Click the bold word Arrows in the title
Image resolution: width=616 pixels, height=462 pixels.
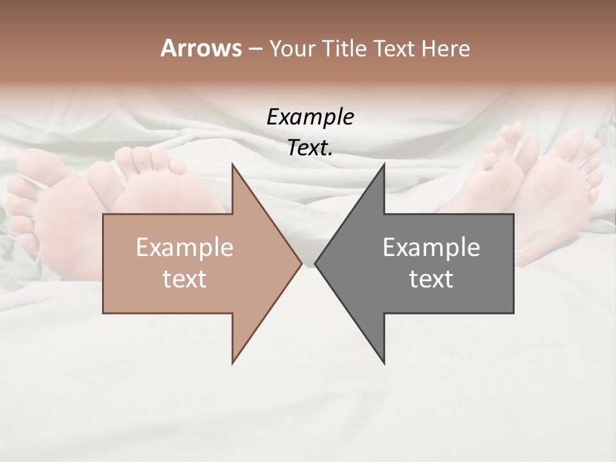pos(201,48)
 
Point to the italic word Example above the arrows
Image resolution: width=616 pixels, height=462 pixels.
pos(311,117)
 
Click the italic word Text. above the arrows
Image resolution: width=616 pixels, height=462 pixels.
pos(311,148)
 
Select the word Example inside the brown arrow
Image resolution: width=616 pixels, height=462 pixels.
pos(185,248)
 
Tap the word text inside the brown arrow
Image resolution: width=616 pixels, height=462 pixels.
pos(185,279)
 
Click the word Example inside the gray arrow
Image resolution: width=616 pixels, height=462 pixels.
pos(431,248)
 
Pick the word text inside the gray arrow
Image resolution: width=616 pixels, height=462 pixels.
pos(431,279)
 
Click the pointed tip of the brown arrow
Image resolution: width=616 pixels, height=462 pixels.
pos(301,263)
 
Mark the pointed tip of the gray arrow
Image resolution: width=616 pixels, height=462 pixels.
pos(316,263)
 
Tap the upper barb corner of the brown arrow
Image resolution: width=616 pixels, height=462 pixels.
pos(232,164)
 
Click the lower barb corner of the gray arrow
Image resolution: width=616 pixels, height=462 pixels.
pos(384,363)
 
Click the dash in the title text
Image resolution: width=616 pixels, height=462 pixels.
pos(255,49)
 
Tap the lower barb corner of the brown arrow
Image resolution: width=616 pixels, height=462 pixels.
pos(232,363)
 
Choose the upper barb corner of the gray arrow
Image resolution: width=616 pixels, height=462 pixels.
pos(384,164)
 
